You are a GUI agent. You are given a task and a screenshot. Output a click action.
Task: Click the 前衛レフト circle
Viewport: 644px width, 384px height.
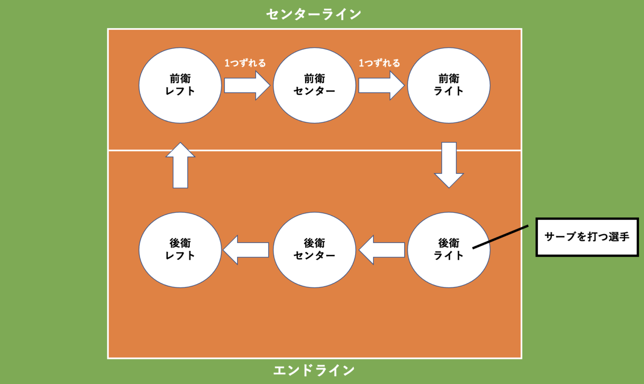tap(180, 85)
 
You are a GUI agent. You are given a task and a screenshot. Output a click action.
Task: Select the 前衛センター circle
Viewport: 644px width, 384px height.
tap(314, 85)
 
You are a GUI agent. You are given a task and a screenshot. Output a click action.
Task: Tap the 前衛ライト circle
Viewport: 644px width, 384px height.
tap(449, 85)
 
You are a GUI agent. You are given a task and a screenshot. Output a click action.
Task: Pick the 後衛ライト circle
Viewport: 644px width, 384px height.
tap(449, 250)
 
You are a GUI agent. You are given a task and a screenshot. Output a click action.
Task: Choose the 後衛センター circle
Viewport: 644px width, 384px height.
tap(314, 250)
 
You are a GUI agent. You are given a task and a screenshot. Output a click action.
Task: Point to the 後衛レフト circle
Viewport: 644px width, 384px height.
tap(180, 250)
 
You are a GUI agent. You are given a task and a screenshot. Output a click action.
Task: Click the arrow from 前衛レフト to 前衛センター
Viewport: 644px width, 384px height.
tap(246, 85)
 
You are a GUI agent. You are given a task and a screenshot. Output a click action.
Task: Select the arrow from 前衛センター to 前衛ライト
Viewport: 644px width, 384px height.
tap(381, 85)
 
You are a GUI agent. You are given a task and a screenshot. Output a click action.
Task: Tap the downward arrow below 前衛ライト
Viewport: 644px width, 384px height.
tap(449, 164)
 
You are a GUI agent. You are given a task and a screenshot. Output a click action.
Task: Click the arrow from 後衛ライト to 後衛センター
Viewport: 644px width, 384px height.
tap(382, 250)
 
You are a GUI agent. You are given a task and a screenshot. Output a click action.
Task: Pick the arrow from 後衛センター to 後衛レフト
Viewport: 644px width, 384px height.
tap(246, 250)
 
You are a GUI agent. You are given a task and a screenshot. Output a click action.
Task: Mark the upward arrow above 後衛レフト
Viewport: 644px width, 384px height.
tap(180, 166)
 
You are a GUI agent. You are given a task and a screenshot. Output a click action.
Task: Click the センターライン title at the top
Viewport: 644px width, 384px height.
tap(314, 14)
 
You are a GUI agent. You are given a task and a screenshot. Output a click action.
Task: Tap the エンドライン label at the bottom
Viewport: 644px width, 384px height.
tap(314, 370)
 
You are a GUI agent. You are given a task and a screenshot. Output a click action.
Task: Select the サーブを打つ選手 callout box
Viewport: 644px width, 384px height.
tap(587, 237)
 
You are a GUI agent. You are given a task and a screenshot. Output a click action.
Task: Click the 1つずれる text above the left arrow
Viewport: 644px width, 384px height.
tap(245, 63)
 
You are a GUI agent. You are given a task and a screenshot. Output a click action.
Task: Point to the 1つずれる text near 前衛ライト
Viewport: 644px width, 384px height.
tap(379, 63)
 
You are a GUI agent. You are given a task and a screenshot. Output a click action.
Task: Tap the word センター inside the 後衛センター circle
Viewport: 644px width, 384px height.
tap(314, 255)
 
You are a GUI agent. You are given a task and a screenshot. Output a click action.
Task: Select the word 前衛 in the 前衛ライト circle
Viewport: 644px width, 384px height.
tap(449, 79)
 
